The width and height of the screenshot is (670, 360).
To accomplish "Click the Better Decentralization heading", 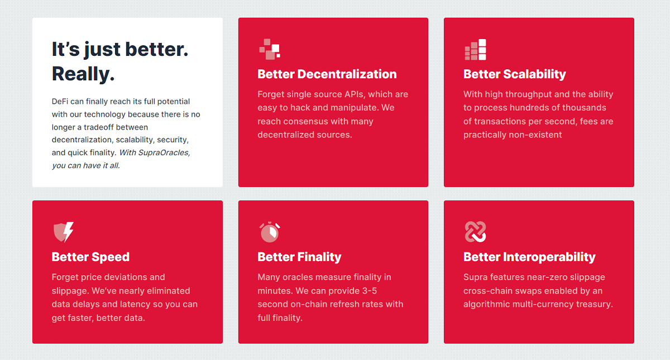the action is click(x=327, y=74).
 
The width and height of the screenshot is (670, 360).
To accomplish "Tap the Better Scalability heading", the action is click(x=514, y=74).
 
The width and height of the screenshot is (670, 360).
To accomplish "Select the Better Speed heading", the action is click(x=90, y=257).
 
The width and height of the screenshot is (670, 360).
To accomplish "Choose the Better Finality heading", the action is click(x=299, y=257).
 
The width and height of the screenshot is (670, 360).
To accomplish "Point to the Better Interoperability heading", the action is click(x=529, y=257).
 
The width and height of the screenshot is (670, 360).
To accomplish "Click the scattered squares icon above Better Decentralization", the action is click(x=270, y=49).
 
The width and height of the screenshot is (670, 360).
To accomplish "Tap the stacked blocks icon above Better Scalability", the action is click(x=476, y=49).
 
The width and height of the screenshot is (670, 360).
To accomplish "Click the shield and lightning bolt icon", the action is click(x=64, y=232).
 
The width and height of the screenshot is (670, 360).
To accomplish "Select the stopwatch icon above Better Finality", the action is click(x=270, y=232).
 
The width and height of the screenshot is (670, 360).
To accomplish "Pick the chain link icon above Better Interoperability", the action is click(x=476, y=232).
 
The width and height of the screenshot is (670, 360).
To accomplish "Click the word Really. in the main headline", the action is click(x=83, y=74).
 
